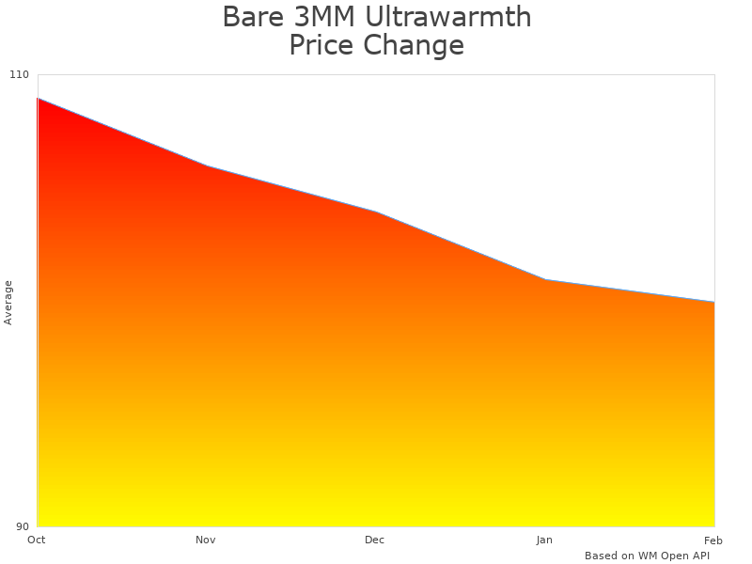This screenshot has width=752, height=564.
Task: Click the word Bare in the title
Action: (x=251, y=17)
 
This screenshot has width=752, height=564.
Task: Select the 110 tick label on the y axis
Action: (x=20, y=75)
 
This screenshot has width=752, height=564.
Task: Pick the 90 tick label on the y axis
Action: (x=23, y=526)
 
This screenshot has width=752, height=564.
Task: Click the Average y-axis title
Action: (x=8, y=303)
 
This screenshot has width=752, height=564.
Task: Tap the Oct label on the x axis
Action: (x=37, y=540)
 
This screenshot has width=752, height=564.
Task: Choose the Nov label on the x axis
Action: (x=206, y=540)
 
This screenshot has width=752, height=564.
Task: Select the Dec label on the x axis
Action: (x=375, y=540)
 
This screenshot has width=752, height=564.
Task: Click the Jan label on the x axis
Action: (x=544, y=540)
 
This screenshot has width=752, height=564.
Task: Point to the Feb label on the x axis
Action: (x=713, y=540)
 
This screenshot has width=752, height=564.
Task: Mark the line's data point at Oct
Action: (x=38, y=98)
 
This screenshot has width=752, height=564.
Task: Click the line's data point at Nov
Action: (x=207, y=166)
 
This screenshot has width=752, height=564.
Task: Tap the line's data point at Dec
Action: (x=376, y=211)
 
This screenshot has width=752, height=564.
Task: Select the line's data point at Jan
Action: (x=545, y=280)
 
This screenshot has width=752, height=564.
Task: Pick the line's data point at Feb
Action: (x=714, y=302)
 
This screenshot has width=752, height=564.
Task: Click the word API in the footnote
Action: (x=699, y=556)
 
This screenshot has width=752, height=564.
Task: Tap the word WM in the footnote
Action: (x=648, y=556)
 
